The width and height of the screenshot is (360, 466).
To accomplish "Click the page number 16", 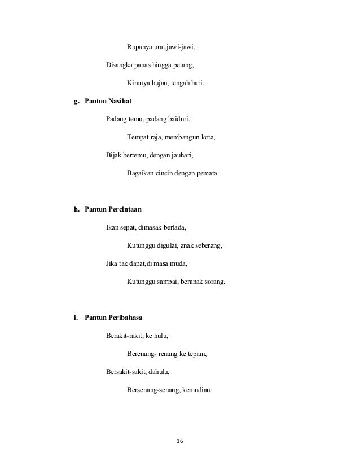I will tap(180, 440).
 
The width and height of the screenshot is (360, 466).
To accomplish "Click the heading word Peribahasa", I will tap(122, 318).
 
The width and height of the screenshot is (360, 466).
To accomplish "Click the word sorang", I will tap(213, 282).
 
